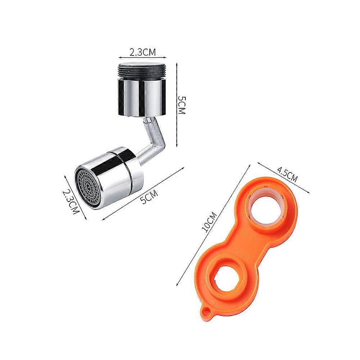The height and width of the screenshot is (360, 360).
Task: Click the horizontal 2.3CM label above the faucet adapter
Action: pyautogui.click(x=143, y=53)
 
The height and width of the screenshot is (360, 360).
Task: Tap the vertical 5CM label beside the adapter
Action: pyautogui.click(x=181, y=105)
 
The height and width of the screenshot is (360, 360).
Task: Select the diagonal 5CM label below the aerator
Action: pyautogui.click(x=149, y=197)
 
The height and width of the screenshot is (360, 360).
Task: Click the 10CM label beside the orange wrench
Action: pyautogui.click(x=209, y=222)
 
